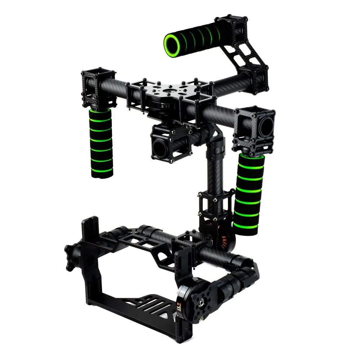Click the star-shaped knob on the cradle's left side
pyautogui.click(x=72, y=257)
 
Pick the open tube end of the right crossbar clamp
pyautogui.click(x=267, y=126)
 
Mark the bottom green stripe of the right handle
pyautogui.click(x=246, y=226)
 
